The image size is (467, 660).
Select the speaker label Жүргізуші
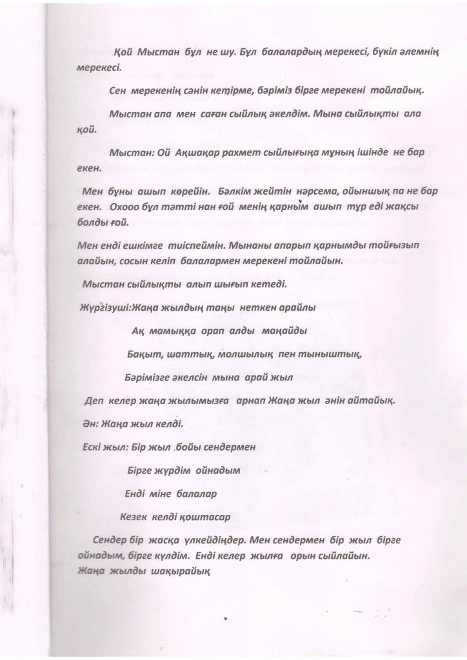point(105,308)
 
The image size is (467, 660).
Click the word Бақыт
point(144,354)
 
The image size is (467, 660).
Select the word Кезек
point(133,517)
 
